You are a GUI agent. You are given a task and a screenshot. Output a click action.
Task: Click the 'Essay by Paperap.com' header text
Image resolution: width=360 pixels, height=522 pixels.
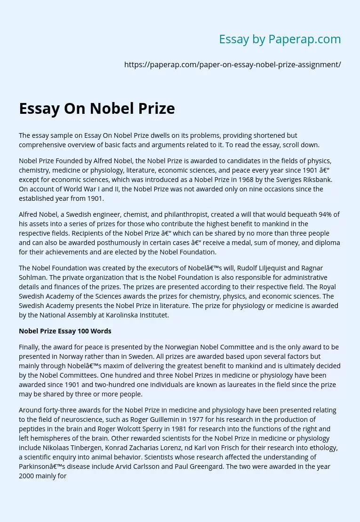click(280, 40)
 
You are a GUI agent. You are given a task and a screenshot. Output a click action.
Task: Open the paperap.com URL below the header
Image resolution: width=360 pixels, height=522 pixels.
click(232, 65)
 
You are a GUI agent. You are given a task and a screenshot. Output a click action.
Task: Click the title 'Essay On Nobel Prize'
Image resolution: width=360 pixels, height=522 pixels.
click(97, 109)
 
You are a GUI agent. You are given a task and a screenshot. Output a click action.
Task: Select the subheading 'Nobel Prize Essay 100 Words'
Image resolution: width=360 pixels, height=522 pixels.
click(65, 331)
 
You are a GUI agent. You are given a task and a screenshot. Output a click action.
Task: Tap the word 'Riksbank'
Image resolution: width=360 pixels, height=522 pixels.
click(315, 180)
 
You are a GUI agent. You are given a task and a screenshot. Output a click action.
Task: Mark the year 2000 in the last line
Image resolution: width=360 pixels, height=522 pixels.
click(27, 476)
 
